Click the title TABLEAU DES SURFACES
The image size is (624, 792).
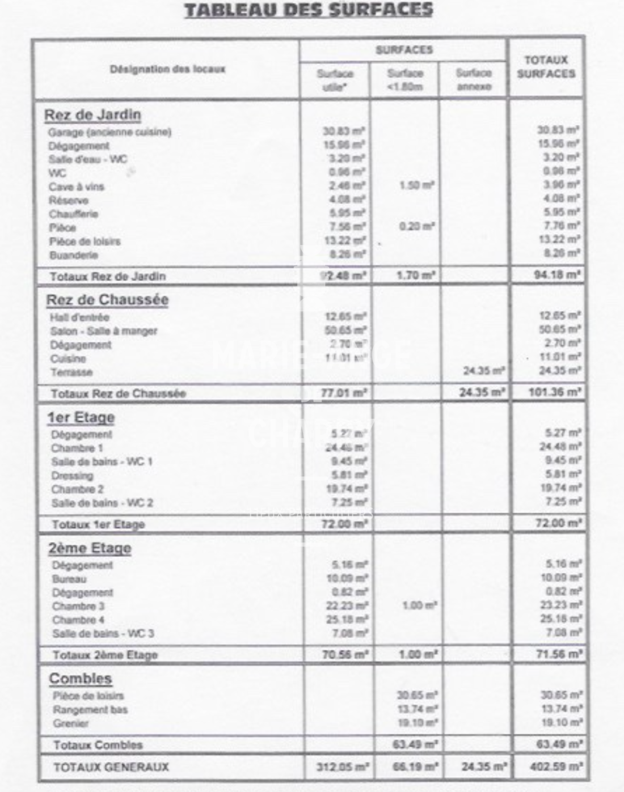click(x=309, y=10)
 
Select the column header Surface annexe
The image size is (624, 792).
click(x=473, y=80)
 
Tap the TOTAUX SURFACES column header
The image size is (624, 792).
click(x=546, y=67)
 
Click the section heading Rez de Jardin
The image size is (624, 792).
click(x=92, y=115)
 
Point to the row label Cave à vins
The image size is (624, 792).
click(x=76, y=187)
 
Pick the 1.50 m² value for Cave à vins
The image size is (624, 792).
click(x=417, y=185)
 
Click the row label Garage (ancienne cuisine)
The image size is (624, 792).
click(x=109, y=132)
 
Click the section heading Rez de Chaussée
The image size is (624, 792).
click(x=107, y=300)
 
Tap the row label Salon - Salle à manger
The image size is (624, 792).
click(x=103, y=331)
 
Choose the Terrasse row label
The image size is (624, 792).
click(x=71, y=372)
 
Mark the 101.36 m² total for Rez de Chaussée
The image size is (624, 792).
click(x=555, y=392)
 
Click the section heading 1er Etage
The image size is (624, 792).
click(x=81, y=418)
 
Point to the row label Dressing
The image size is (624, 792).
click(x=72, y=476)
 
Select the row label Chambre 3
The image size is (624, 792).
click(x=78, y=607)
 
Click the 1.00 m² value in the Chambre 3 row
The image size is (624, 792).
click(x=419, y=606)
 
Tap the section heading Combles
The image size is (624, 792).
click(x=80, y=679)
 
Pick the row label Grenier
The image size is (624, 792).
click(x=71, y=723)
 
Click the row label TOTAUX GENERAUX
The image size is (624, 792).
click(x=111, y=767)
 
